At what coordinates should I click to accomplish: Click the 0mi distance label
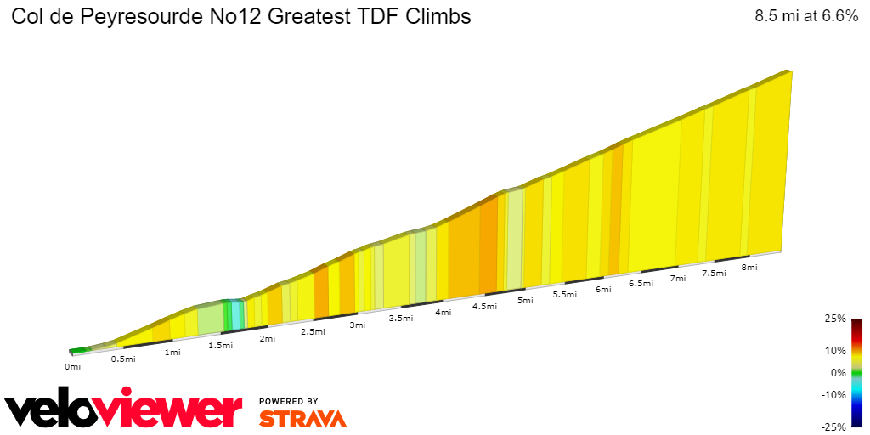pyautogui.click(x=72, y=367)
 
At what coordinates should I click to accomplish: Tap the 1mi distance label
pyautogui.click(x=172, y=353)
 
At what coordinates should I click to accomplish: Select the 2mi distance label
pyautogui.click(x=268, y=339)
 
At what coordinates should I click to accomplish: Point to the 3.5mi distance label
pyautogui.click(x=401, y=319)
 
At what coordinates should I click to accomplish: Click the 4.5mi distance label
pyautogui.click(x=484, y=307)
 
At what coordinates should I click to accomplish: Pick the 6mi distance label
pyautogui.click(x=604, y=290)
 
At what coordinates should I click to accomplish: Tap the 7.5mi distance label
pyautogui.click(x=714, y=274)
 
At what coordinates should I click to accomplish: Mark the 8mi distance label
pyautogui.click(x=749, y=268)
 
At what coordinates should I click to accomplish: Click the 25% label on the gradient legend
pyautogui.click(x=835, y=319)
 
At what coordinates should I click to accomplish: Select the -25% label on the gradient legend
pyautogui.click(x=833, y=427)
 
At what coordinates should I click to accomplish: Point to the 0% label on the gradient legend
pyautogui.click(x=838, y=372)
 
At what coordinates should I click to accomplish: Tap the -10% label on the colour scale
pyautogui.click(x=833, y=394)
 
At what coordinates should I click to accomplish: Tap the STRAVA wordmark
pyautogui.click(x=302, y=419)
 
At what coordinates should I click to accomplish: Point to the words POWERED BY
pyautogui.click(x=289, y=401)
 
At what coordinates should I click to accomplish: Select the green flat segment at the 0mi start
pyautogui.click(x=79, y=349)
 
